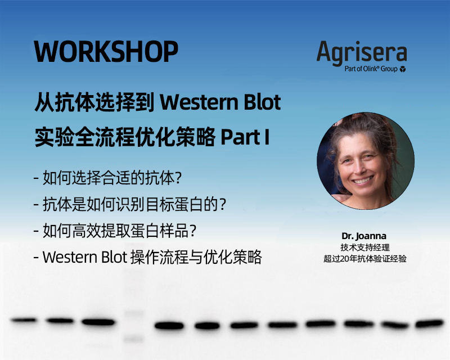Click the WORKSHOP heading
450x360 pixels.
click(x=106, y=52)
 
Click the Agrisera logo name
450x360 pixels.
click(x=361, y=52)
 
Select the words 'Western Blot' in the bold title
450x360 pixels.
click(x=220, y=103)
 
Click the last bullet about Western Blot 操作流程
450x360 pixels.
click(x=147, y=257)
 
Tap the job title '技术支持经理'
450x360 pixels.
click(x=364, y=247)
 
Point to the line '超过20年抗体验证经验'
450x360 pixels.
click(x=364, y=259)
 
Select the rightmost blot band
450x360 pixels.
click(x=430, y=323)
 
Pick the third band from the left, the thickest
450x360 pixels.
click(x=98, y=322)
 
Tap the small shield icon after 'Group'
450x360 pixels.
click(x=403, y=69)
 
